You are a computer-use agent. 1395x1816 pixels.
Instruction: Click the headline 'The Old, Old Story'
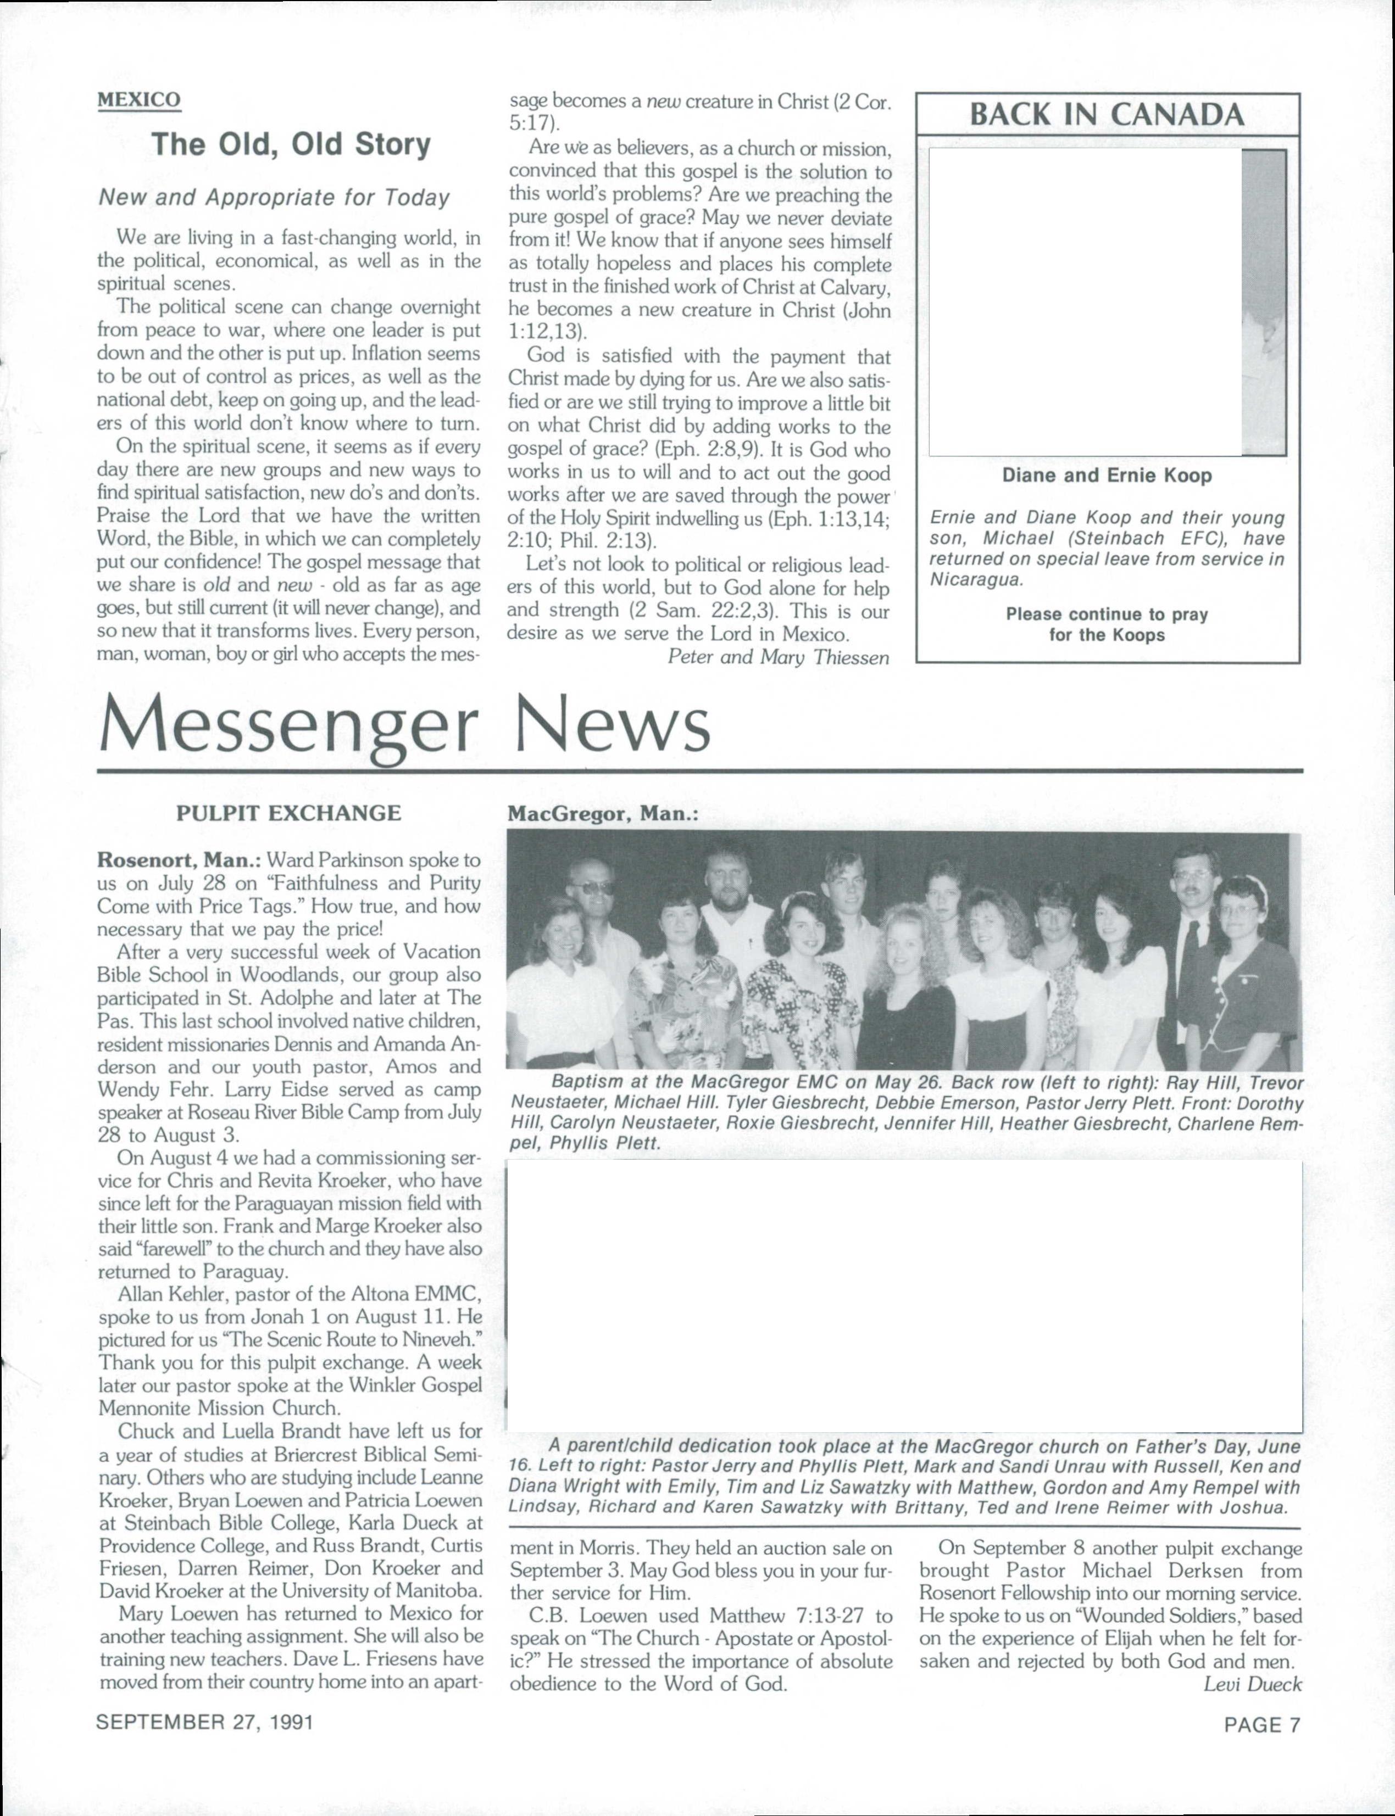[291, 144]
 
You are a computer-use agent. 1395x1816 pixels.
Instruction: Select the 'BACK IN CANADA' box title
[1107, 115]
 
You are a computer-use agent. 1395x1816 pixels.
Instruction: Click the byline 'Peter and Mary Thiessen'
[778, 657]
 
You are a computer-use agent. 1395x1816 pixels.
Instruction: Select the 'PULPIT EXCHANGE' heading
[288, 813]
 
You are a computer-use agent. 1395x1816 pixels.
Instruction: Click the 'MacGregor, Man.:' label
[603, 814]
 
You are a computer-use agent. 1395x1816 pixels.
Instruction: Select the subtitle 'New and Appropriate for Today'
[274, 198]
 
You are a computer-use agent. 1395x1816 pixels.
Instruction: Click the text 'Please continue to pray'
[1107, 615]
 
